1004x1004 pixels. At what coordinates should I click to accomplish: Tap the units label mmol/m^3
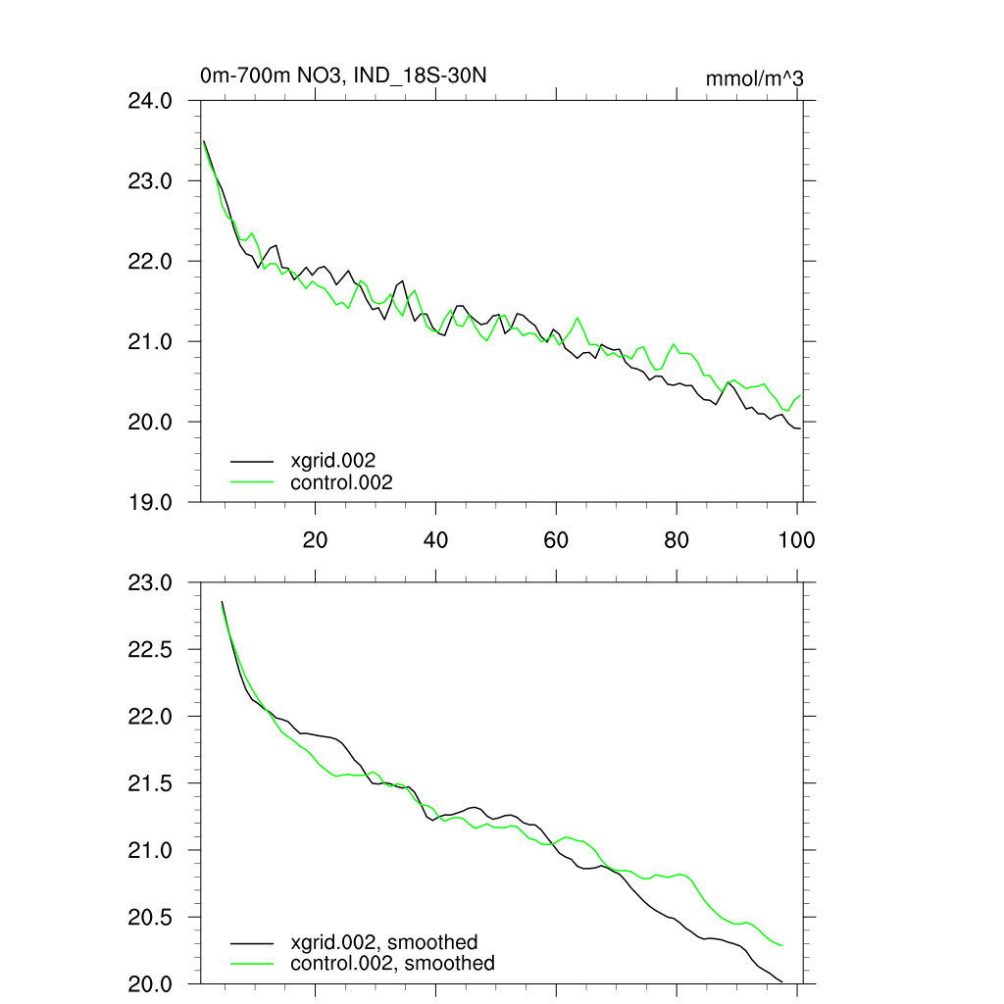pyautogui.click(x=754, y=78)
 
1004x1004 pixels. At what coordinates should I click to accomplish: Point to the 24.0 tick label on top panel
pyautogui.click(x=151, y=101)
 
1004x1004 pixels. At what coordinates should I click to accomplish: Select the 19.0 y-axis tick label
pyautogui.click(x=151, y=502)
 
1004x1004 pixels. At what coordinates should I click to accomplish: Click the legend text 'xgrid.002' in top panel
pyautogui.click(x=333, y=460)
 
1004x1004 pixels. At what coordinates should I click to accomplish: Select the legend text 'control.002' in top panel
pyautogui.click(x=341, y=482)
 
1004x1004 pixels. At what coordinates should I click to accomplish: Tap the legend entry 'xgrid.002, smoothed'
pyautogui.click(x=384, y=942)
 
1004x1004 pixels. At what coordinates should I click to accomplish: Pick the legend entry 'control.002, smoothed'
pyautogui.click(x=392, y=964)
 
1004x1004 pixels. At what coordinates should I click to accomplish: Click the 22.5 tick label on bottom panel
pyautogui.click(x=151, y=650)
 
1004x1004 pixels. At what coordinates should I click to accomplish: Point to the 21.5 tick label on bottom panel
pyautogui.click(x=151, y=783)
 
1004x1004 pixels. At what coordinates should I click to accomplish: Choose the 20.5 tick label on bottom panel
pyautogui.click(x=151, y=918)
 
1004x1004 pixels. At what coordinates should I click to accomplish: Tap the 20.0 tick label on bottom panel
pyautogui.click(x=151, y=984)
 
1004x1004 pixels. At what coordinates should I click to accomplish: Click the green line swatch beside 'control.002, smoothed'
pyautogui.click(x=251, y=964)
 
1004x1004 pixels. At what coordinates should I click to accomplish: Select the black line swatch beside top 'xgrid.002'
pyautogui.click(x=251, y=460)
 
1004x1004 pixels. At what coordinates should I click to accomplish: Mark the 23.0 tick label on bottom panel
pyautogui.click(x=151, y=583)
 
